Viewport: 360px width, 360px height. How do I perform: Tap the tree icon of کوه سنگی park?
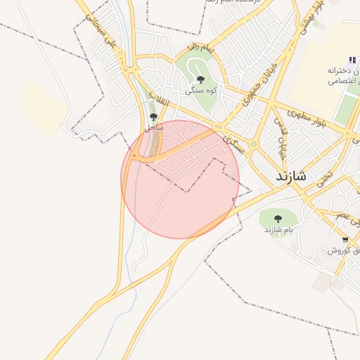[x=200, y=80]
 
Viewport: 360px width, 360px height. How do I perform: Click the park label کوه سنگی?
[x=200, y=91]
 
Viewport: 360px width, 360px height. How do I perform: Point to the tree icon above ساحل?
[x=153, y=117]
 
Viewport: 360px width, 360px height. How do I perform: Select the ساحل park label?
[x=153, y=128]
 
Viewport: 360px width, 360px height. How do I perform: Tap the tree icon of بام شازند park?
[x=277, y=219]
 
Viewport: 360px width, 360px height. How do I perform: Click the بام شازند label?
[x=278, y=230]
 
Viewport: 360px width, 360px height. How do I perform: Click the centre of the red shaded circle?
[x=180, y=179]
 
